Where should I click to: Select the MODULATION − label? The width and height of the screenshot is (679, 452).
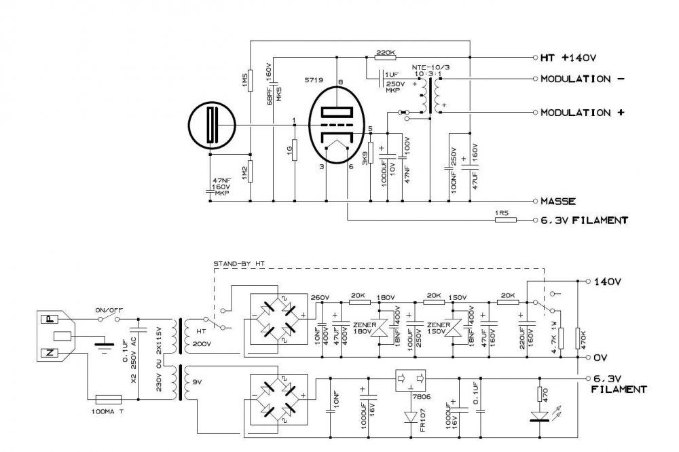582,79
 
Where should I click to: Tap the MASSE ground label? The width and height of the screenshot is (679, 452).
559,201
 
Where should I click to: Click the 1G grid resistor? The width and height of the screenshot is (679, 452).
294,149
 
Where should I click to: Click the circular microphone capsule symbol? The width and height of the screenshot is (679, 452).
213,126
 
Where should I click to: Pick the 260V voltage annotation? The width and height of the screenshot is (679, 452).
318,297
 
